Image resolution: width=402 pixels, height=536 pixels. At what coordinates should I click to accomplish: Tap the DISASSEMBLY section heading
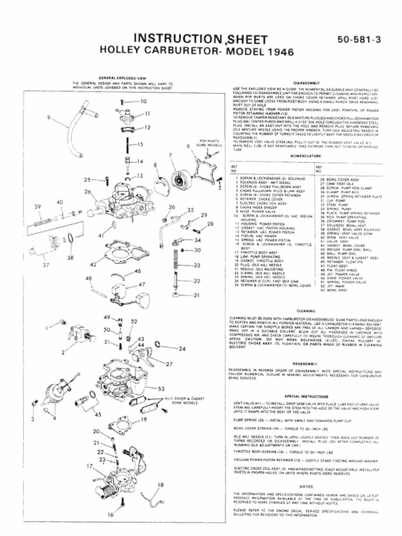(x=306, y=83)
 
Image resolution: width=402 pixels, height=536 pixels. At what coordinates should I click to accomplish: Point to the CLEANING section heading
(x=306, y=310)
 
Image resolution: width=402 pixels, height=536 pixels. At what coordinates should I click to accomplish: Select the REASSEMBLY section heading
(x=306, y=363)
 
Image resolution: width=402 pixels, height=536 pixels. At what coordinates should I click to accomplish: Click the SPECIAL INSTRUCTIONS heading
(x=306, y=396)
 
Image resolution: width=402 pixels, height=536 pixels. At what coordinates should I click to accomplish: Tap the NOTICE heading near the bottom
(x=306, y=486)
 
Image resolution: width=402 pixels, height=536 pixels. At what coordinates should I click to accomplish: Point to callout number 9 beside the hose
(x=48, y=117)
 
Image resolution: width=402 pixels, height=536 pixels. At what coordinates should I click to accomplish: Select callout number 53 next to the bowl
(x=169, y=388)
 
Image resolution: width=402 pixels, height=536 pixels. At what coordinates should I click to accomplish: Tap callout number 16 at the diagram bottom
(x=110, y=515)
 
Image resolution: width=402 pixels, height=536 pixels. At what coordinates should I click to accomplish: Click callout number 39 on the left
(x=38, y=207)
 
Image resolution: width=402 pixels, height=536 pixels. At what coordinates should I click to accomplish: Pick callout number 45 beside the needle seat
(x=97, y=415)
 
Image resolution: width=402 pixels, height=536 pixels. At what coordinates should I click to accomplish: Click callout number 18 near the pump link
(x=160, y=485)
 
